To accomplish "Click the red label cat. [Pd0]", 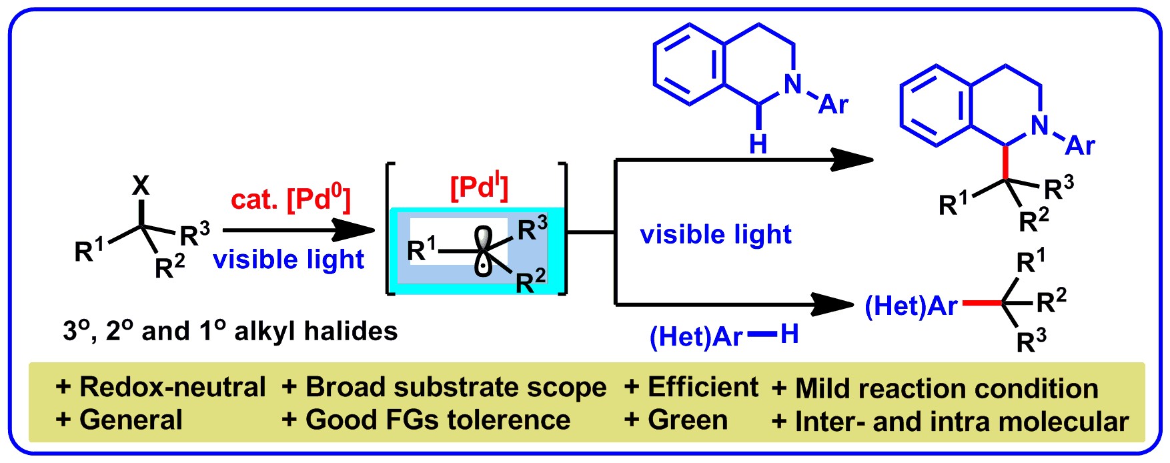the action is coord(290,199).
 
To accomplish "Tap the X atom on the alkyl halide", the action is coord(141,186).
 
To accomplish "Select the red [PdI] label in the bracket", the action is coord(480,187).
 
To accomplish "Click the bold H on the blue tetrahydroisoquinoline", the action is coord(758,143).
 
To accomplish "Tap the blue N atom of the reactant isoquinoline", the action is coord(792,84).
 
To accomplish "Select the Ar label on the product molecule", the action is coord(1081,145).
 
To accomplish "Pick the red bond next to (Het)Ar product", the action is coord(981,304).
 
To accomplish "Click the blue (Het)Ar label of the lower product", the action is coord(911,306).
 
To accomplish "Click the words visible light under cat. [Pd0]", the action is coord(289,260).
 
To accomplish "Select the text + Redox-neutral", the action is coord(161,387).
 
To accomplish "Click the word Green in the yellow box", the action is coord(688,420).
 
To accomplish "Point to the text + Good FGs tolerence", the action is coord(426,420).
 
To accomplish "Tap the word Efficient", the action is coord(703,387).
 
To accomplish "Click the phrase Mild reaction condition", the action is coord(947,388).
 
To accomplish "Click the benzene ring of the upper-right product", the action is coord(935,105).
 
